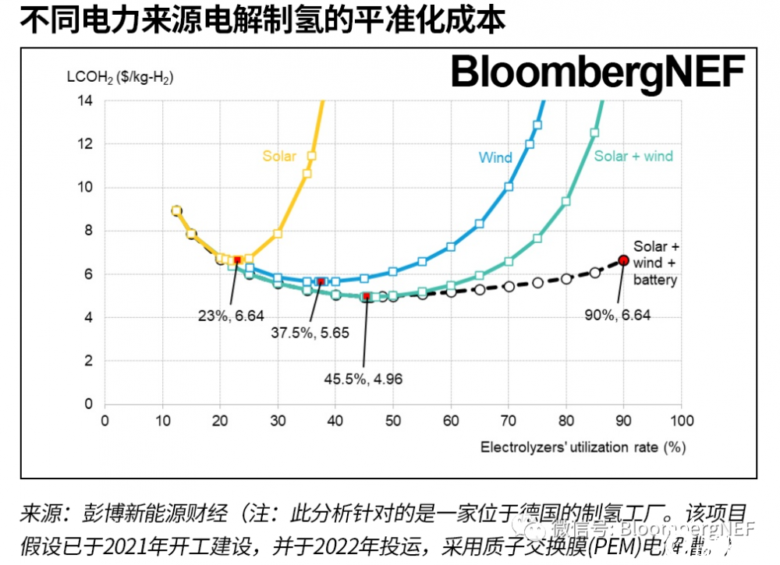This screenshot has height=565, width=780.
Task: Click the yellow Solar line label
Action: [x=279, y=156]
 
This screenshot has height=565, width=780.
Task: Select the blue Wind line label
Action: [x=495, y=157]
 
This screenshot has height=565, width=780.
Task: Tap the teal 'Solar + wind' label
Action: [x=633, y=156]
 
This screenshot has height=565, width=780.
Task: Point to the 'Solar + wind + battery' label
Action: [x=655, y=263]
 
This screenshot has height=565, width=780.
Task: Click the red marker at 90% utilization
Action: [x=623, y=260]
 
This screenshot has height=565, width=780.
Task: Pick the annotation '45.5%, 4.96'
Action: [x=363, y=380]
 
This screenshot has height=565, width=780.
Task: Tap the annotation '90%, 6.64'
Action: [x=617, y=315]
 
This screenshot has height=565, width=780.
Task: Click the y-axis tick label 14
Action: [x=85, y=101]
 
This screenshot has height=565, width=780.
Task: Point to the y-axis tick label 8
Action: [x=88, y=231]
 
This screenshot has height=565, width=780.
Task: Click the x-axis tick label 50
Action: [x=393, y=421]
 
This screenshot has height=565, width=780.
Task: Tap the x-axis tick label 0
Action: [x=105, y=421]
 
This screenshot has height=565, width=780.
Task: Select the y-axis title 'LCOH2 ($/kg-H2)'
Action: [x=121, y=78]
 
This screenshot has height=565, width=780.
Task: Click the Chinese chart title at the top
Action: [x=262, y=19]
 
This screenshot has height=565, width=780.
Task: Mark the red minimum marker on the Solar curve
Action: [x=237, y=260]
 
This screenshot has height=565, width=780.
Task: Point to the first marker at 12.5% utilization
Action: [x=177, y=210]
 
